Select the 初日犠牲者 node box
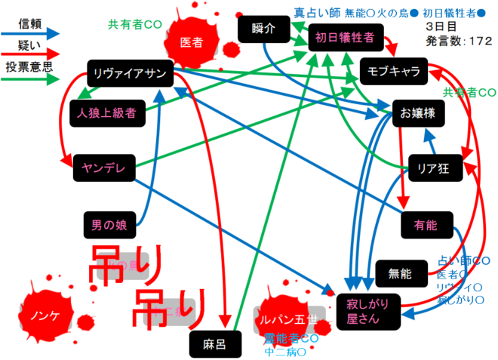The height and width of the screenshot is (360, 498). [343, 37]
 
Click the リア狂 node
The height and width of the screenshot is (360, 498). [433, 168]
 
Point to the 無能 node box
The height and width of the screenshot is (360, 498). [400, 273]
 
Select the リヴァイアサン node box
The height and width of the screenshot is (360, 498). [131, 73]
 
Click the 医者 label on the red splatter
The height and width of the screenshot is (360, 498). [191, 43]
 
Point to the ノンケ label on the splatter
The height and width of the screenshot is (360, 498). [45, 312]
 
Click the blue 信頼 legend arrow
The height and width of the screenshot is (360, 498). [31, 33]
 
